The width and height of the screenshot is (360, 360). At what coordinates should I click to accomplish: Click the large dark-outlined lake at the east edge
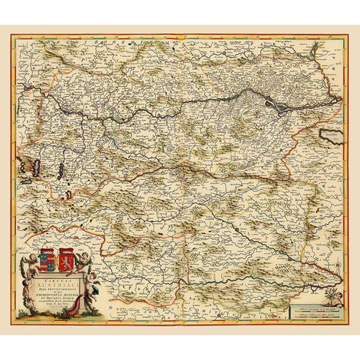pos(331,136)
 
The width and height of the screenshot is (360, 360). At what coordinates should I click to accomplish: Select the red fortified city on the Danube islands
pos(279,106)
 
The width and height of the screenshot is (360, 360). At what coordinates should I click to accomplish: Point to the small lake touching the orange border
pos(68,195)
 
